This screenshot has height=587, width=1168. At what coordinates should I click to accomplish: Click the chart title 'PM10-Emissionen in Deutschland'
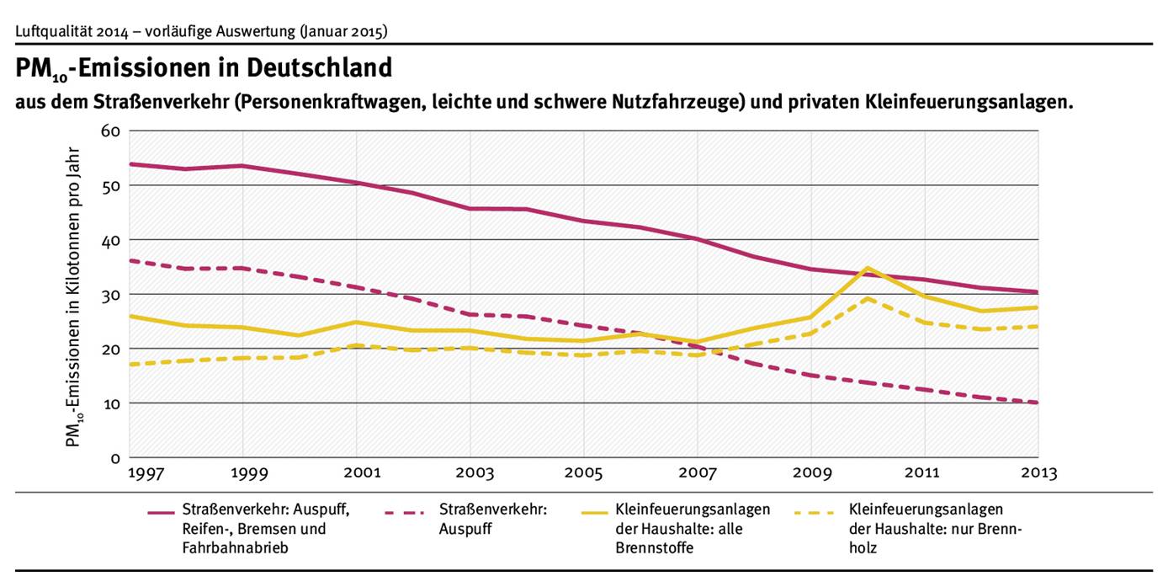[x=204, y=68]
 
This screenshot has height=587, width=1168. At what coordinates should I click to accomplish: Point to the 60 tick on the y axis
[x=111, y=131]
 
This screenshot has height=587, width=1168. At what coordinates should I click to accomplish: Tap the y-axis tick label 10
[x=111, y=403]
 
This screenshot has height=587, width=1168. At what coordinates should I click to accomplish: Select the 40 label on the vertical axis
[x=111, y=240]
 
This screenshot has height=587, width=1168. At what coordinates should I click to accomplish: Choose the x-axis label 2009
[x=811, y=473]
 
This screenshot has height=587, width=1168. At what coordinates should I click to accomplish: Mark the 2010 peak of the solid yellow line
[x=868, y=268]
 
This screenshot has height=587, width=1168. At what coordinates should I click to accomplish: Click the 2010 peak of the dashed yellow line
[x=868, y=298]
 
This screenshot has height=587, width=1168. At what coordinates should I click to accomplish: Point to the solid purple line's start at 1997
[x=131, y=164]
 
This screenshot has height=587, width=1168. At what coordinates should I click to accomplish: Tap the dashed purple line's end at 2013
[x=1038, y=403]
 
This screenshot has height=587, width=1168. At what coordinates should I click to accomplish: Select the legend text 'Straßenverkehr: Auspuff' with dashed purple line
[x=493, y=519]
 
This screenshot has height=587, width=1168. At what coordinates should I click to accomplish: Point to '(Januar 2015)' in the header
[x=343, y=32]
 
